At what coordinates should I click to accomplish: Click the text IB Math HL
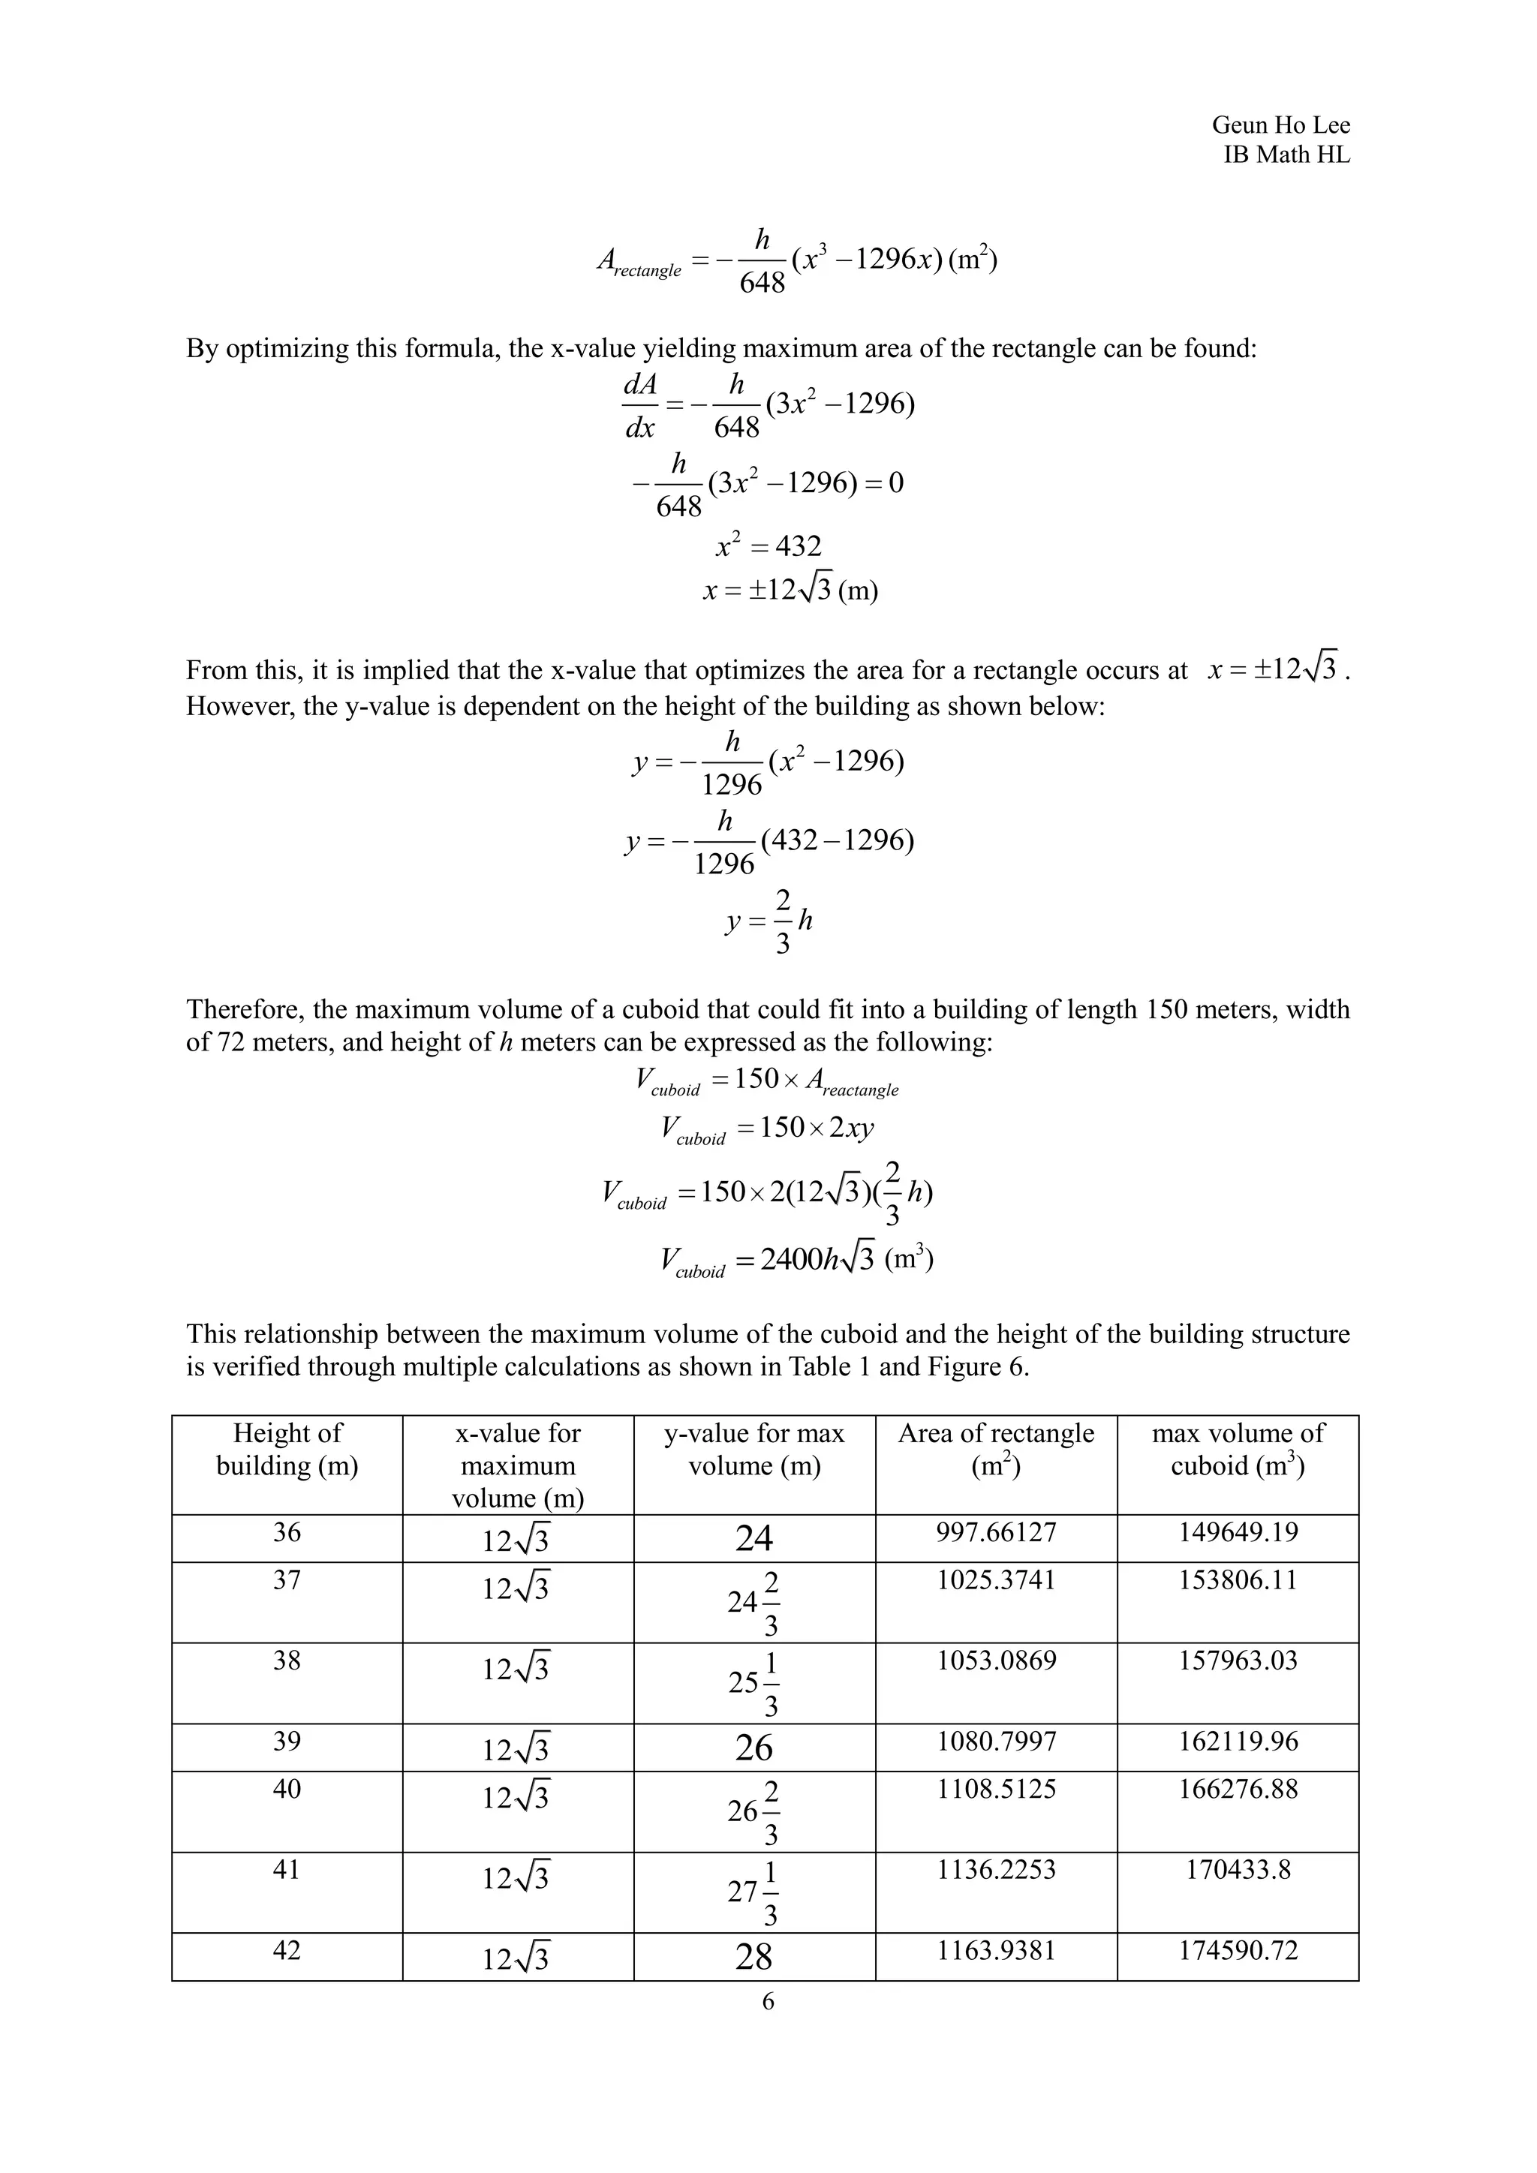coord(1286,155)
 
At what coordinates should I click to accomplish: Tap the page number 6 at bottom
coord(768,2000)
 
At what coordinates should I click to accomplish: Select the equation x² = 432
coord(768,546)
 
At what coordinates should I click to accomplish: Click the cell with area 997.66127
coord(996,1532)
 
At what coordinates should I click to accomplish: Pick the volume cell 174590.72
coord(1237,1951)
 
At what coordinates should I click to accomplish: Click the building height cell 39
coord(287,1742)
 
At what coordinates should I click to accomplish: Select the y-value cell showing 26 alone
coord(753,1747)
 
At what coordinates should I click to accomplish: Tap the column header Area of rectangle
coord(996,1449)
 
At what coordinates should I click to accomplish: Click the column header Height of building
coord(287,1449)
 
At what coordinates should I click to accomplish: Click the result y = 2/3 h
coord(768,921)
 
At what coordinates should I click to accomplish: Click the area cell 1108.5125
coord(996,1789)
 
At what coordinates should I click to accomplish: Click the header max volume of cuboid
coord(1237,1449)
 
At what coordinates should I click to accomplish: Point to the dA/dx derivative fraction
coord(641,406)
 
